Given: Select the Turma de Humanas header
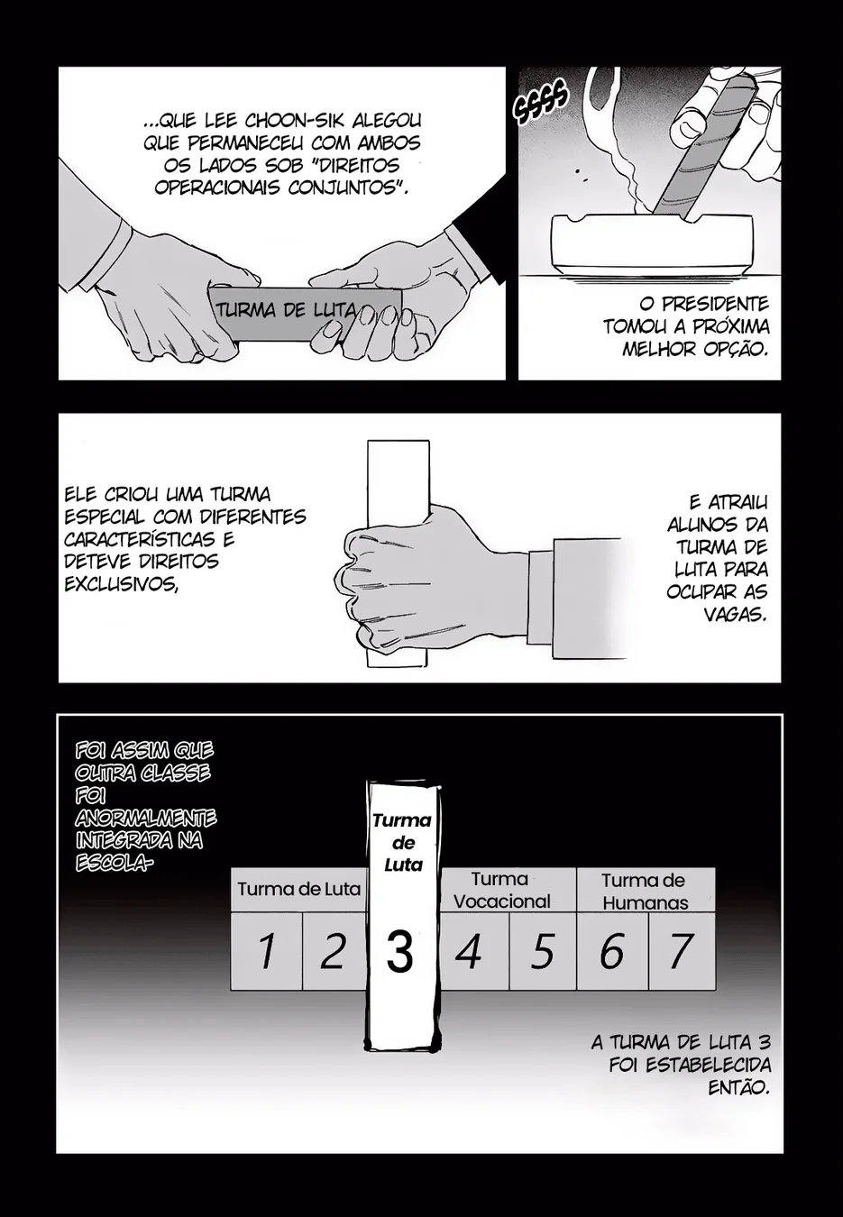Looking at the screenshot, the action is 646,890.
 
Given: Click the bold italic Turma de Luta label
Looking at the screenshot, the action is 403,843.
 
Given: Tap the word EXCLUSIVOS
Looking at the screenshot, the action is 121,583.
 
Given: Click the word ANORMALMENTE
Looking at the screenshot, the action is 146,818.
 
